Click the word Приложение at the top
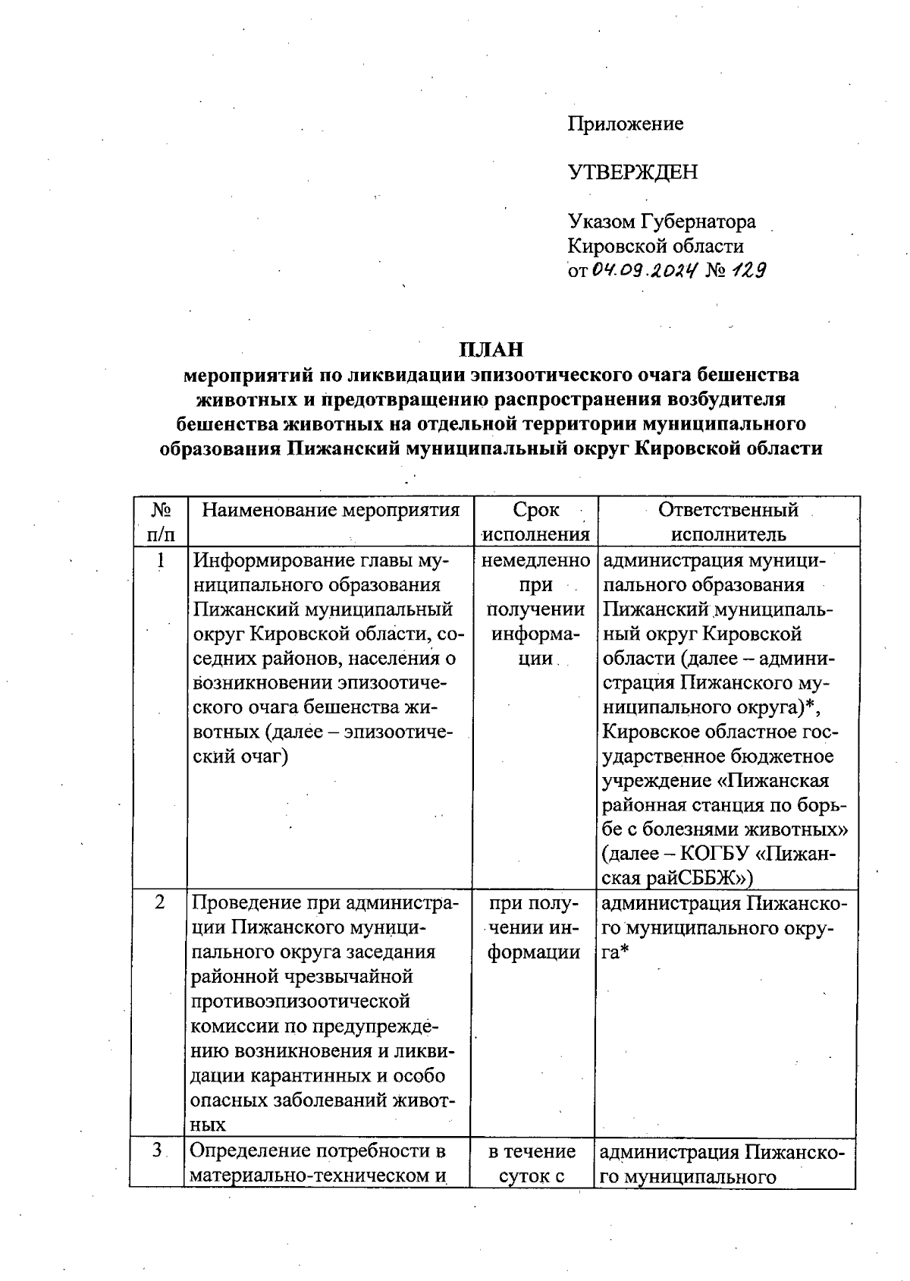click(626, 124)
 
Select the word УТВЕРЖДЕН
click(632, 172)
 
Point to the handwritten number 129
click(747, 269)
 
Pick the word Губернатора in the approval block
click(698, 222)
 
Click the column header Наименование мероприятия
click(331, 510)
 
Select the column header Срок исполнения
click(535, 522)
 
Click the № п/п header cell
click(160, 522)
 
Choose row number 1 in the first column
click(160, 562)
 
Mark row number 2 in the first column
click(160, 903)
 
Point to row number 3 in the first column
click(158, 1150)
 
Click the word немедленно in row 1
click(535, 562)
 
